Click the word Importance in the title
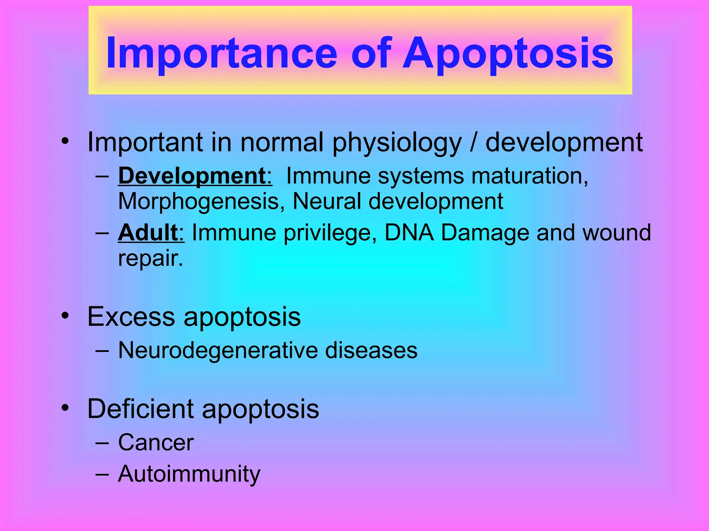[x=222, y=54]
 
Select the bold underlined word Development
[x=191, y=176]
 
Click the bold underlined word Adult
[x=148, y=232]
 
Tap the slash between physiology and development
[x=473, y=142]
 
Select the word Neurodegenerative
[x=217, y=350]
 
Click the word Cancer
[x=156, y=442]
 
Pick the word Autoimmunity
[x=189, y=474]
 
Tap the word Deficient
[x=140, y=409]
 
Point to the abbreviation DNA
[x=409, y=232]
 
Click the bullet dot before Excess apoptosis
[x=65, y=316]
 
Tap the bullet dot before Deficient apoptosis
[x=65, y=408]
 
